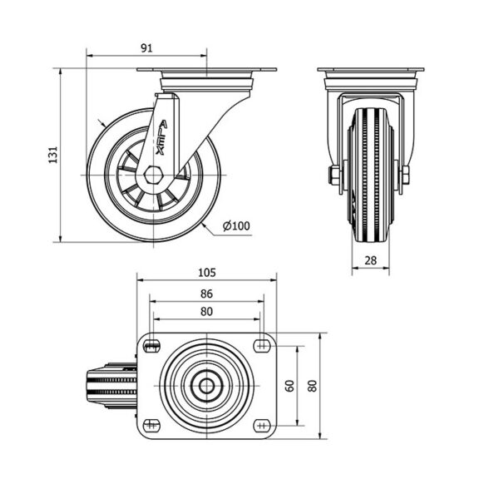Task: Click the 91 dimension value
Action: [146, 48]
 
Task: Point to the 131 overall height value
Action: [53, 155]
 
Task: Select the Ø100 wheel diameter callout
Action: [236, 226]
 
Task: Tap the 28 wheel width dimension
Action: [370, 260]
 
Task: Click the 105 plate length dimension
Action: [207, 273]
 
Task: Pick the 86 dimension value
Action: [206, 294]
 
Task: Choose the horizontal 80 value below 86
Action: [206, 311]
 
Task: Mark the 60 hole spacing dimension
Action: [290, 386]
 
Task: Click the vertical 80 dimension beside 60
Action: [313, 386]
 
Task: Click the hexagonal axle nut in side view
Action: [153, 175]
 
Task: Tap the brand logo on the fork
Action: [161, 137]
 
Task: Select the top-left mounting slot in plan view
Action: [151, 346]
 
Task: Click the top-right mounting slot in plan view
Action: [262, 346]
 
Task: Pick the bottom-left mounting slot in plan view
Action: [151, 426]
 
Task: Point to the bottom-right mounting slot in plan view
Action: [262, 426]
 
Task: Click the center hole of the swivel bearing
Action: [206, 386]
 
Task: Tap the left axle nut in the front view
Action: [333, 175]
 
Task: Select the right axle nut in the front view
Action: [406, 175]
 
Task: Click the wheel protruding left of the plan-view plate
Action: [111, 386]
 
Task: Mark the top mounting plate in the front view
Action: [371, 69]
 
